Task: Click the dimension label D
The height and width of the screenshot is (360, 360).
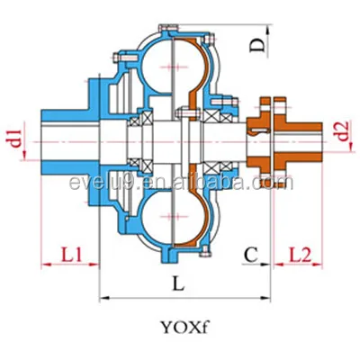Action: pos(256,42)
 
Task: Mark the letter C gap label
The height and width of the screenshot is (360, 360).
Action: pos(254,255)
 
